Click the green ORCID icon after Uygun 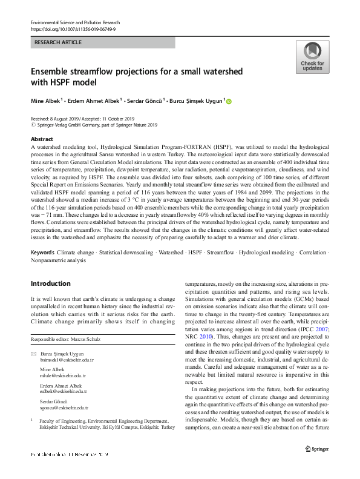point(229,101)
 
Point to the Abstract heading point(42,139)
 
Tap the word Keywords point(42,251)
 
